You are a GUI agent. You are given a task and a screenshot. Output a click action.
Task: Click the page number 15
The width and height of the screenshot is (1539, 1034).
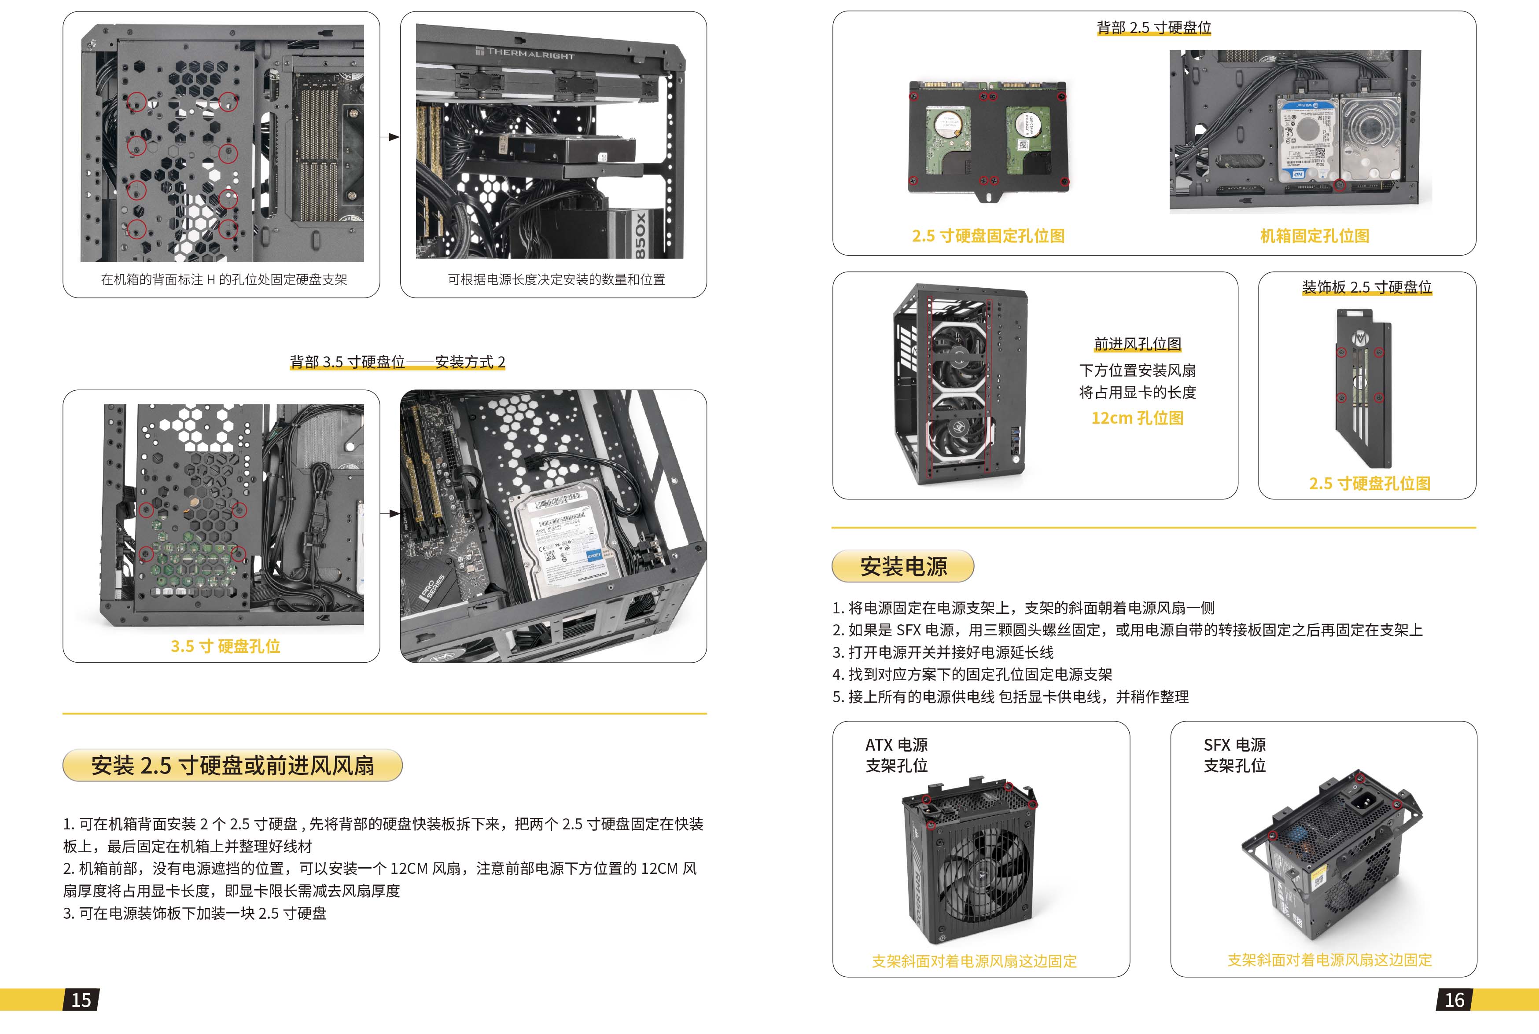[x=81, y=1000]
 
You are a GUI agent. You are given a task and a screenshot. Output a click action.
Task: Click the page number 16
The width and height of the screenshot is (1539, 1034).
[x=1454, y=1000]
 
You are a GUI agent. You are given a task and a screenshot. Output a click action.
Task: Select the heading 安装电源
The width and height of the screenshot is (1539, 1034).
[x=903, y=566]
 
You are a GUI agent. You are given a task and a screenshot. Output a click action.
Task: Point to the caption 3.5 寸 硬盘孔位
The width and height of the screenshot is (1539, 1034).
[x=225, y=646]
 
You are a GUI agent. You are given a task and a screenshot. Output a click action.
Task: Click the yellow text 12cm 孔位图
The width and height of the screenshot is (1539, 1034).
[x=1137, y=418]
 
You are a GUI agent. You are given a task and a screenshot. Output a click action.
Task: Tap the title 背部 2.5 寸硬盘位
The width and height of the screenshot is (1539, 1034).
[x=1154, y=28]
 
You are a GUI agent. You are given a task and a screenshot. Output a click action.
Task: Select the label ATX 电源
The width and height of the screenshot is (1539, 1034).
[x=896, y=744]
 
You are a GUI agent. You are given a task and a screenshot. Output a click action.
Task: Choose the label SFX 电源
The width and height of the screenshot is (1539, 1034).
[x=1235, y=744]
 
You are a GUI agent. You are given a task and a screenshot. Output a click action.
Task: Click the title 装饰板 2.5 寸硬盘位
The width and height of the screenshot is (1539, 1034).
[x=1367, y=287]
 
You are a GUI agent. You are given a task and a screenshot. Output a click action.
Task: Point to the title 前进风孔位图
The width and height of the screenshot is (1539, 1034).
[x=1137, y=344]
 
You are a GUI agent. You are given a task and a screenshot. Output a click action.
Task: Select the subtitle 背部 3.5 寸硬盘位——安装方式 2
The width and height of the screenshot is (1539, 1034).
[x=397, y=361]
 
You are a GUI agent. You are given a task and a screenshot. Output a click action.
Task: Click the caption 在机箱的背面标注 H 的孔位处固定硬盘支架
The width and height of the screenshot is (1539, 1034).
[x=224, y=279]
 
